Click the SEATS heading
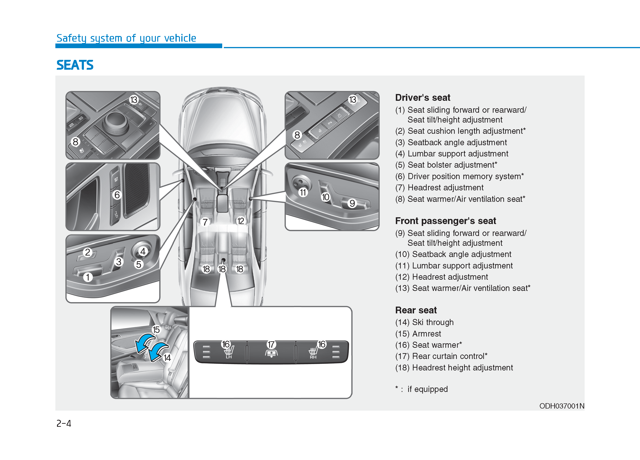75,65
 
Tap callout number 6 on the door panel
117,195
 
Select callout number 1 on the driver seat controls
88,277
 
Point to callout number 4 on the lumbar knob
143,251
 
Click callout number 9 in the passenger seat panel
352,203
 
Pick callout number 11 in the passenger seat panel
303,192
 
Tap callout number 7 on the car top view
205,222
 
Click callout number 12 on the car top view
240,221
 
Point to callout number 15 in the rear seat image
156,330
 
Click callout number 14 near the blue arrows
167,358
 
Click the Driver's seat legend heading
422,98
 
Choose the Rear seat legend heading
416,310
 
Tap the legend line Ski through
433,322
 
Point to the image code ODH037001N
561,406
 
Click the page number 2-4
64,423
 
